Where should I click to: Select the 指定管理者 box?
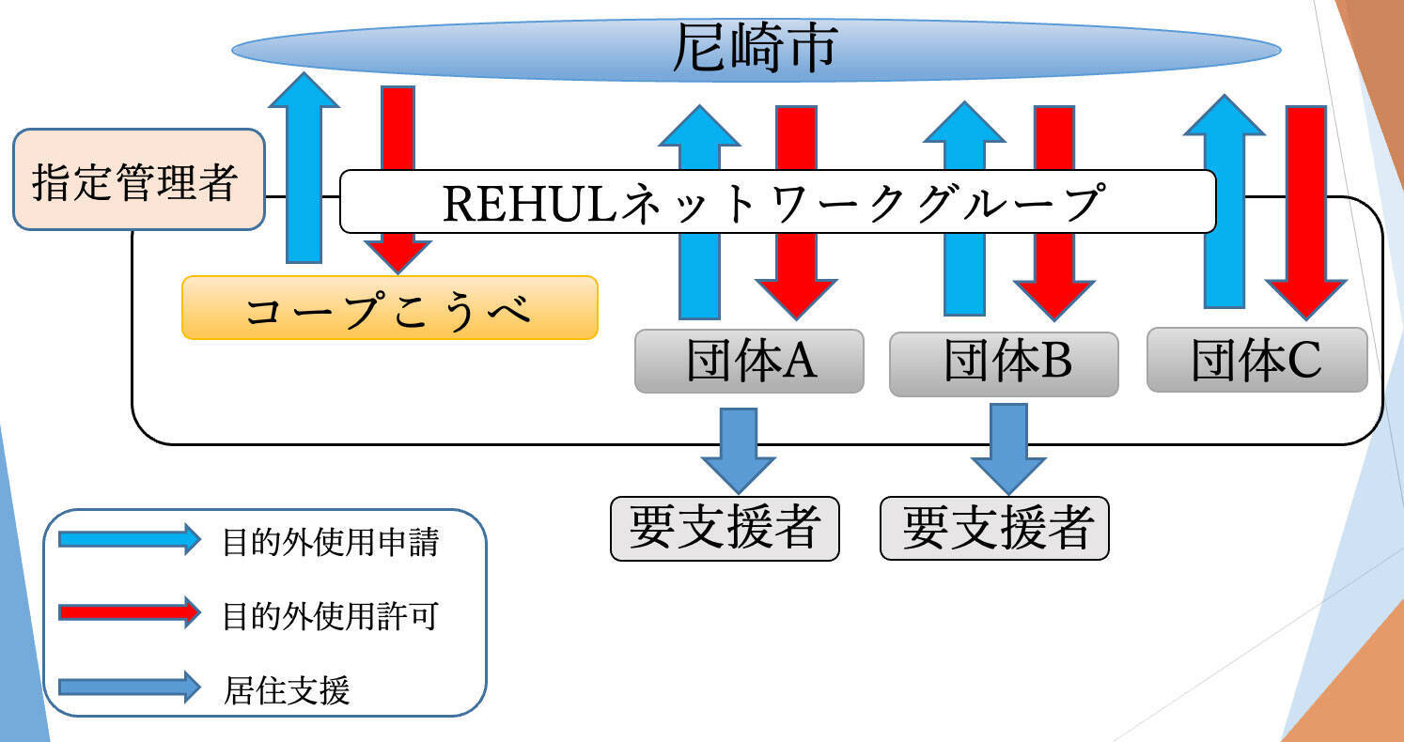tap(138, 180)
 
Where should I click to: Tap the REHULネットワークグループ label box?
tap(776, 202)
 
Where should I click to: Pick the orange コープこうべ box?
tap(389, 308)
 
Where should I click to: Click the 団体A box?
tap(749, 361)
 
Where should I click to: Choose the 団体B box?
tap(1004, 363)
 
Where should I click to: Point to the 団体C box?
tap(1256, 360)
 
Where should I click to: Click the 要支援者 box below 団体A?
tap(725, 528)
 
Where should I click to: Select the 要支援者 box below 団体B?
tap(994, 528)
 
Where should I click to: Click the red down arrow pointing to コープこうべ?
tap(398, 131)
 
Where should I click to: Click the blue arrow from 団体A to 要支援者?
tap(739, 447)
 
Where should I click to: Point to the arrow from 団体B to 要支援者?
tap(1008, 447)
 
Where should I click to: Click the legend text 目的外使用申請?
tap(331, 542)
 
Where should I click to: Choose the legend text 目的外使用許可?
tap(331, 616)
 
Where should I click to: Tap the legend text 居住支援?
tap(288, 690)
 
